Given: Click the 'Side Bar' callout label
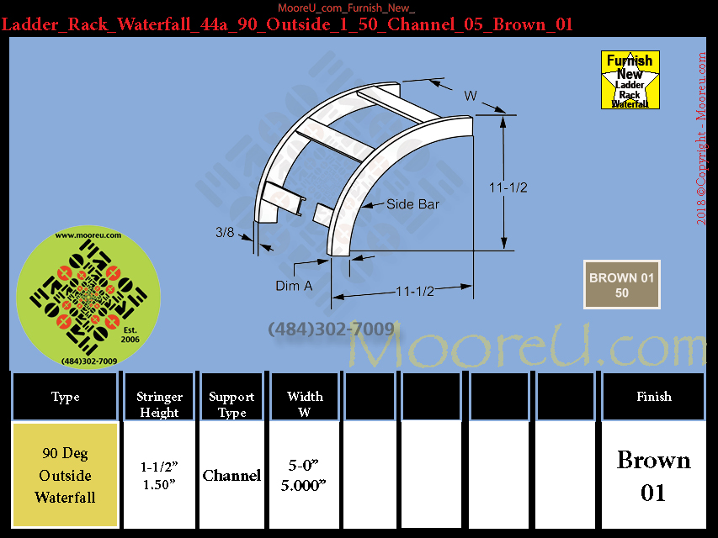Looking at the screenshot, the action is point(412,204).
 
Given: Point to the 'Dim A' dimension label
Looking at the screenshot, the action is point(294,286).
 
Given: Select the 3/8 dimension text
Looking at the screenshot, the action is point(225,232).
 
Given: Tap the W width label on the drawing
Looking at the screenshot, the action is point(471,96).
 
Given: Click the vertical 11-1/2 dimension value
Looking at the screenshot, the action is point(508,187).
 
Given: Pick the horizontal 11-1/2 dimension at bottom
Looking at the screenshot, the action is point(415,292).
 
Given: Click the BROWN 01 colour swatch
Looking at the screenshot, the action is point(622,285).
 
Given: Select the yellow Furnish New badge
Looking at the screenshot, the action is point(630,80).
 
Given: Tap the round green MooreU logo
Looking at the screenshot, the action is point(88,297).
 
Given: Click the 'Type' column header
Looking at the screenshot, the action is point(65,396).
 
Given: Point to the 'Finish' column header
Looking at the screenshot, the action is point(654,396).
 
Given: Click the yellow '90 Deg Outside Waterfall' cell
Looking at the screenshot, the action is point(66,475).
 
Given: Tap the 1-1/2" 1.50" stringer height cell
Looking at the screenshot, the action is point(159,475).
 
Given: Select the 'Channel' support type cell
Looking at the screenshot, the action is point(231,475).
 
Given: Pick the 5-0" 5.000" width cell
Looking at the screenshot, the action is point(304,475).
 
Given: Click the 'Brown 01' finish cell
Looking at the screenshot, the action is point(653,475).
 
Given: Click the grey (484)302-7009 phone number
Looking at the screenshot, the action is point(331,329).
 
